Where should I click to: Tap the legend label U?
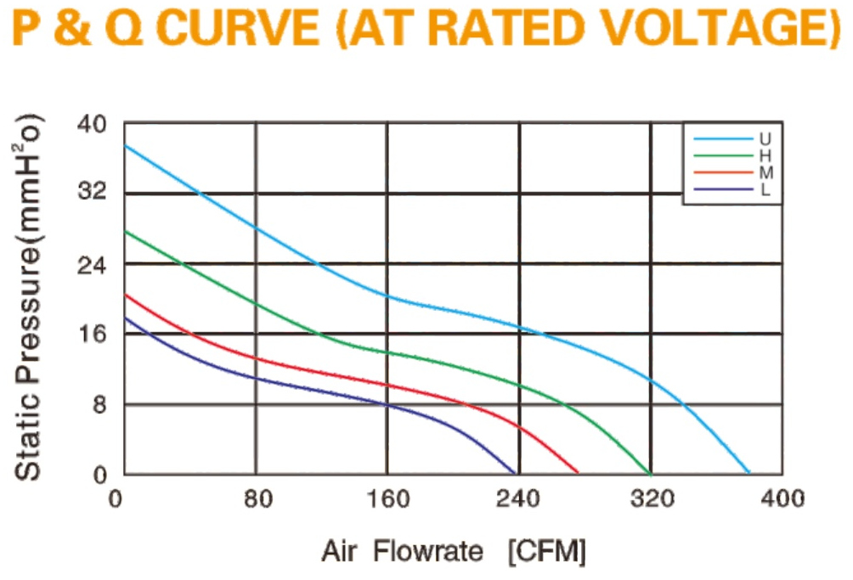(765, 139)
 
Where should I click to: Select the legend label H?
(765, 156)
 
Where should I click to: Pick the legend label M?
(766, 173)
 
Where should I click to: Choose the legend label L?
(765, 189)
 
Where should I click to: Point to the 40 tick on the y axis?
(92, 124)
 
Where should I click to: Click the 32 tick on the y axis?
(92, 191)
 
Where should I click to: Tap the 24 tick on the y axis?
(92, 265)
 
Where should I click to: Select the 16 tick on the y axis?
(92, 333)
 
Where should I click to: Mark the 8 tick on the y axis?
(99, 404)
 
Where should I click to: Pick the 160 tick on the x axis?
(388, 498)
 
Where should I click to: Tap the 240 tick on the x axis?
(518, 498)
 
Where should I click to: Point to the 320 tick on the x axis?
(652, 498)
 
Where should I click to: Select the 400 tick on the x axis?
(782, 498)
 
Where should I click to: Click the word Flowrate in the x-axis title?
(428, 552)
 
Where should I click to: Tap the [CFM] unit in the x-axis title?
(547, 552)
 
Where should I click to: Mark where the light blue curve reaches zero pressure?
(749, 474)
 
